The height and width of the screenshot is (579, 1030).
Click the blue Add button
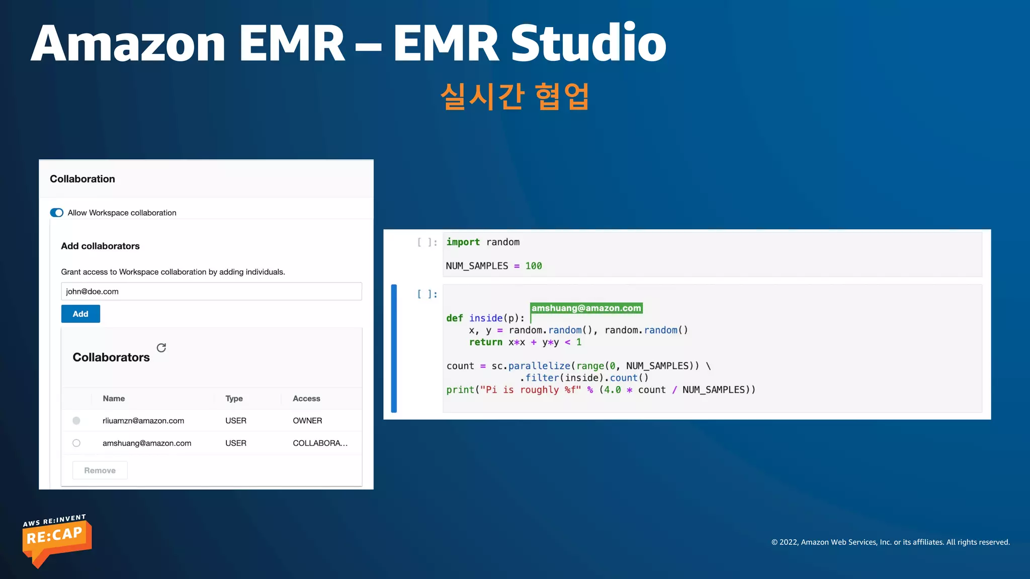pyautogui.click(x=80, y=314)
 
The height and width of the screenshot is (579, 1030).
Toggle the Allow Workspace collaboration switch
pyautogui.click(x=57, y=213)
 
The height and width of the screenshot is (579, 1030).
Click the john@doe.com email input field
pyautogui.click(x=211, y=292)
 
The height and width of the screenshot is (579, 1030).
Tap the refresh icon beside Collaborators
pyautogui.click(x=161, y=348)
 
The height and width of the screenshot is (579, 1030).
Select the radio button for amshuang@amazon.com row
pyautogui.click(x=76, y=443)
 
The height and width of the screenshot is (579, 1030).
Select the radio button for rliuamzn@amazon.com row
pyautogui.click(x=76, y=421)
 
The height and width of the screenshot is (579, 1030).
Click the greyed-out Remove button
pyautogui.click(x=100, y=470)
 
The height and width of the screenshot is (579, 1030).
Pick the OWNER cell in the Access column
pyautogui.click(x=307, y=421)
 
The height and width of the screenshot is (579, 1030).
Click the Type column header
pyautogui.click(x=234, y=399)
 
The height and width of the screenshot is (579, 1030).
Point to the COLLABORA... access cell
pyautogui.click(x=320, y=443)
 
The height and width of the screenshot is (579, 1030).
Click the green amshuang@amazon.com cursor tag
pyautogui.click(x=586, y=308)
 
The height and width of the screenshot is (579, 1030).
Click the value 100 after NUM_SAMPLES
pyautogui.click(x=534, y=266)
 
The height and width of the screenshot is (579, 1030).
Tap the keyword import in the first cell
pyautogui.click(x=463, y=242)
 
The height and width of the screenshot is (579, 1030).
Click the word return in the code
pyautogui.click(x=485, y=342)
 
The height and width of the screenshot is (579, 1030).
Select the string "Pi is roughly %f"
pyautogui.click(x=530, y=390)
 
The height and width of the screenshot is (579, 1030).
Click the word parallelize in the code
pyautogui.click(x=539, y=366)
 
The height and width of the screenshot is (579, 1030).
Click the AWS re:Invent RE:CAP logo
pyautogui.click(x=56, y=541)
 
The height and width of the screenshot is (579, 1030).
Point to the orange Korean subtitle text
pyautogui.click(x=514, y=96)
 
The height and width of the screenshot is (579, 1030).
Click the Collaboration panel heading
pyautogui.click(x=82, y=179)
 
